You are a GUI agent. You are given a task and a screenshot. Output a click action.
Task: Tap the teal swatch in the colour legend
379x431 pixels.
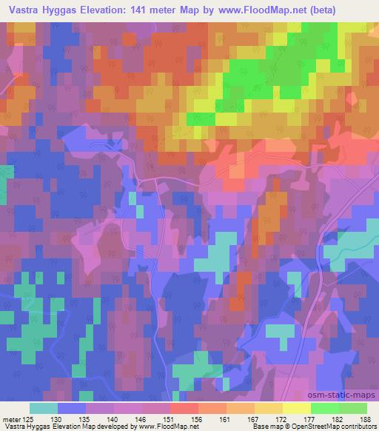[x=43, y=407]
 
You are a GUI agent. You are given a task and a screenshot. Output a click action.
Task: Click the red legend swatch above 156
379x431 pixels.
[x=184, y=407]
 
